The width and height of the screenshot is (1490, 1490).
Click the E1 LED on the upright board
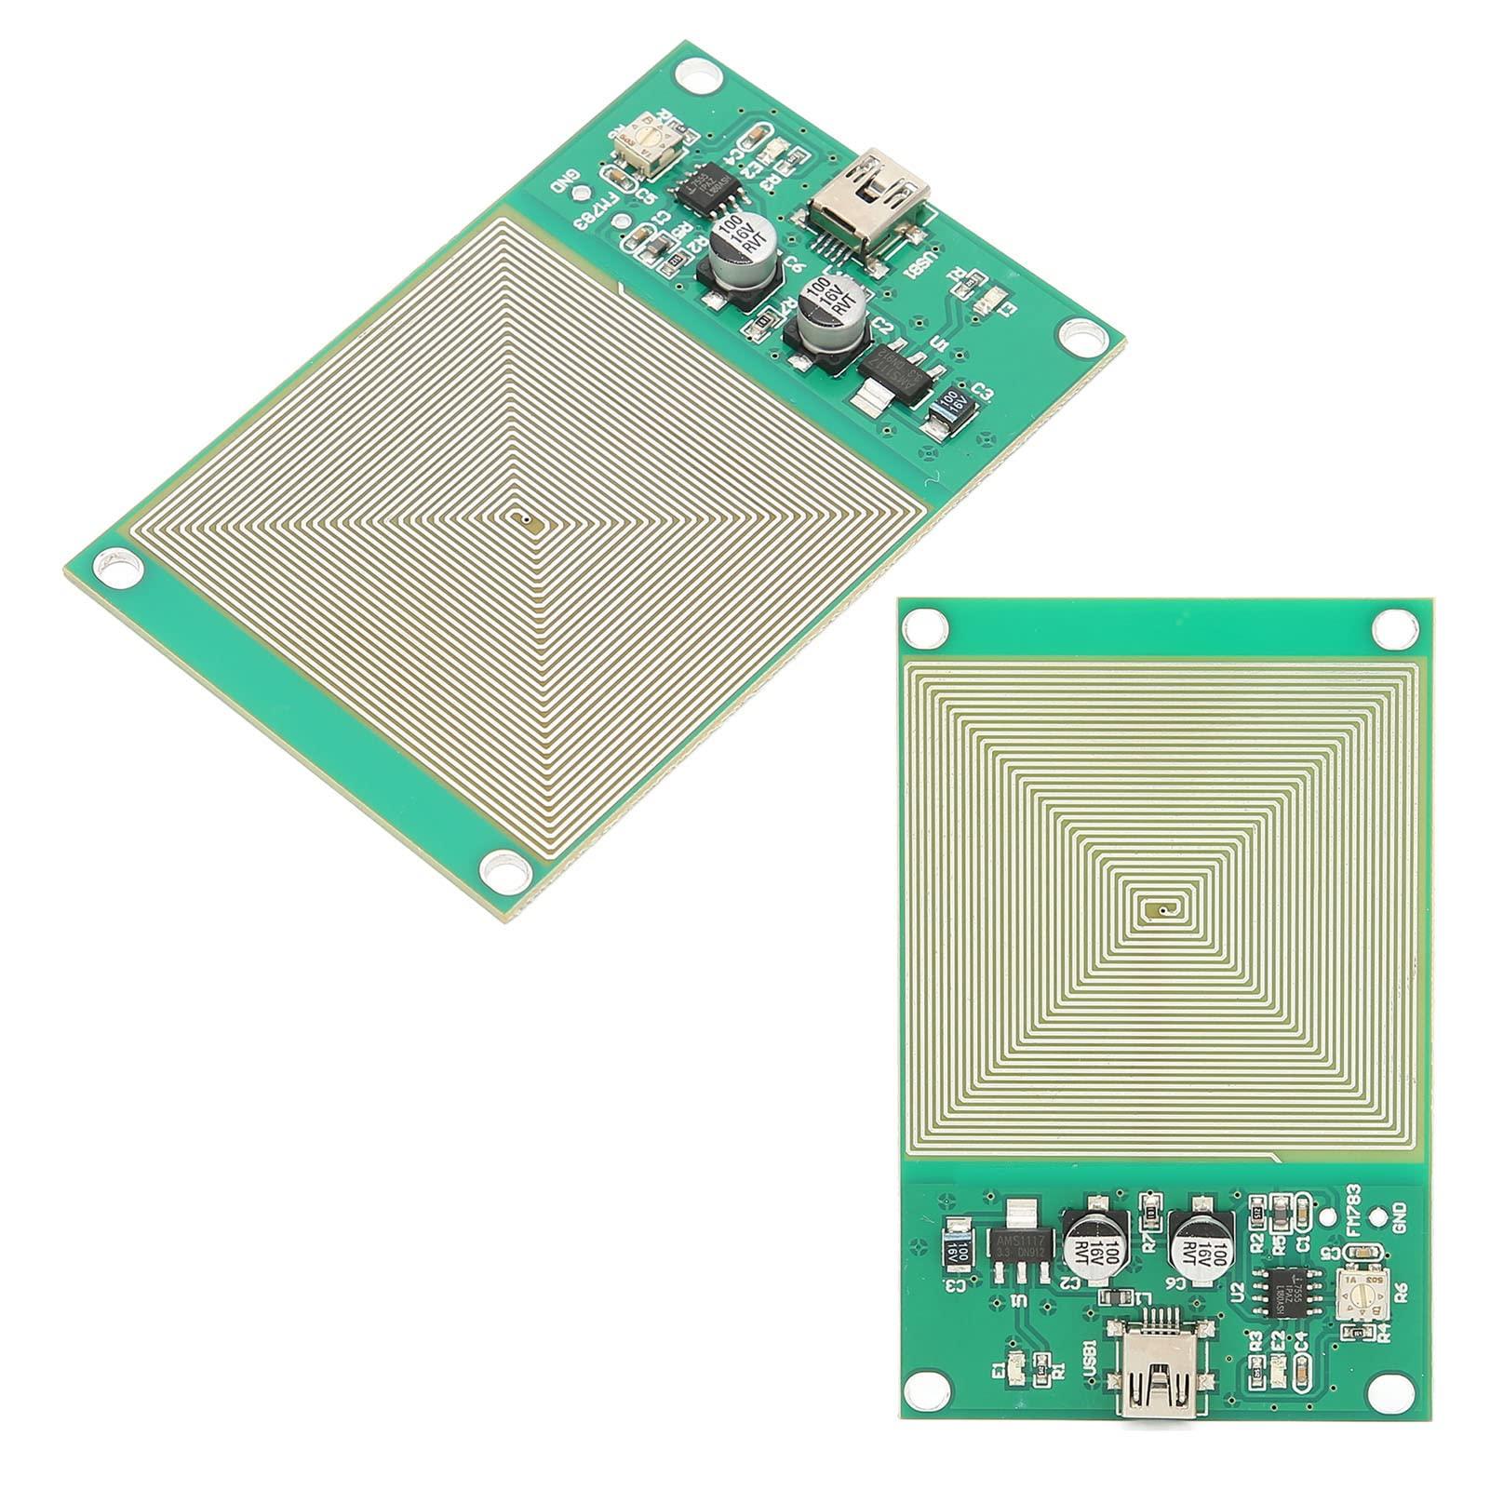coord(1018,1364)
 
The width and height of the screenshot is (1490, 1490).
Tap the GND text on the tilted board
coord(564,179)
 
